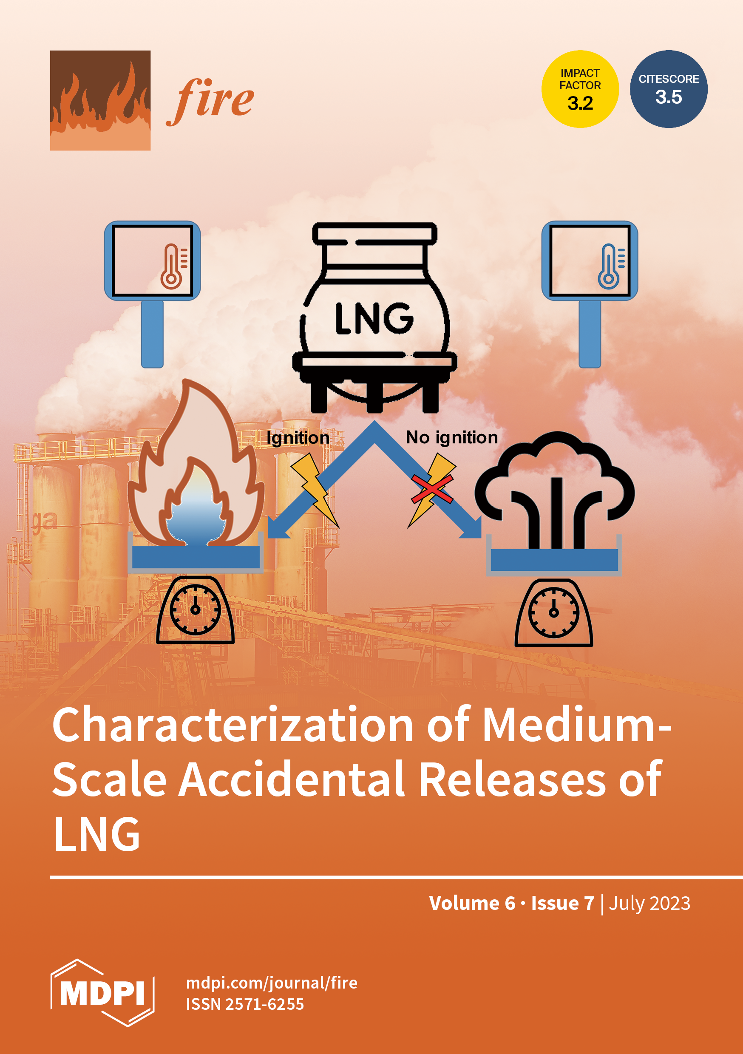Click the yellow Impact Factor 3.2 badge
coord(580,89)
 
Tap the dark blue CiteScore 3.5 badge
coord(669,89)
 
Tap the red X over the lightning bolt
coord(432,489)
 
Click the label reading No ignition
coord(452,437)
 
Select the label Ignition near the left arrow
coord(298,438)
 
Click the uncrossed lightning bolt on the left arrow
coord(315,489)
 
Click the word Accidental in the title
coord(292,779)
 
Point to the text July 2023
coord(649,904)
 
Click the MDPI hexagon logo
coord(102,993)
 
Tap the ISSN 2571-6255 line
coord(245,1004)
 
